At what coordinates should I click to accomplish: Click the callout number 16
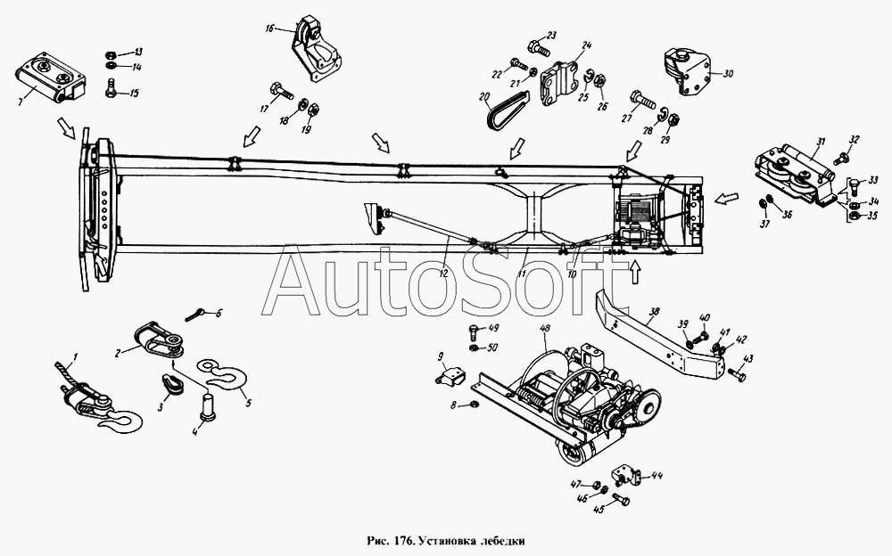pos(269,29)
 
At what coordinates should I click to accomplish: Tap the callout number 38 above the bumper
pos(655,313)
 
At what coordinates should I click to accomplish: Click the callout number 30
pos(728,75)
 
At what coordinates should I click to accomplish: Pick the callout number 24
pos(587,45)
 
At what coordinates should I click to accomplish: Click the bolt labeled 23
pos(536,45)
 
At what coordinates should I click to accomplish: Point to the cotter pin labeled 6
pos(197,313)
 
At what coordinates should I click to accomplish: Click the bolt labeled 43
pos(737,375)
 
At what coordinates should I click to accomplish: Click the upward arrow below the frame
pos(635,272)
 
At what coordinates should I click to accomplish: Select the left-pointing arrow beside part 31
pos(727,197)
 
